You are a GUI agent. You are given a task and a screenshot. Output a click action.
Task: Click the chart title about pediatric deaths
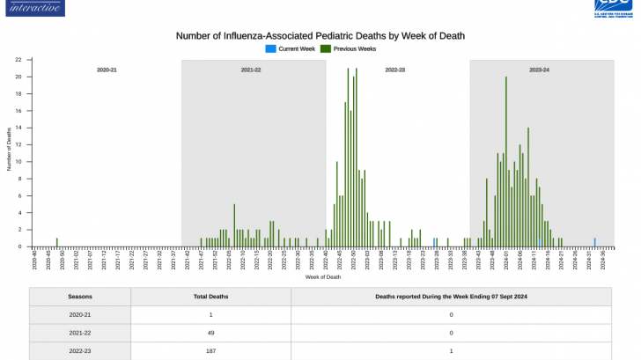[x=320, y=36]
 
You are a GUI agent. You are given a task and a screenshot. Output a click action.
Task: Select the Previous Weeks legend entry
[x=353, y=48]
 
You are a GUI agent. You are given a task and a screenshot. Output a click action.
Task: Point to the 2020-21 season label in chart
[x=107, y=69]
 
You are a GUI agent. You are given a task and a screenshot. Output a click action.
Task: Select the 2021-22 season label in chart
[x=251, y=69]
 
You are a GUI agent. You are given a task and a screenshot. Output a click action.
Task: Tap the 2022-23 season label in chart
[x=395, y=69]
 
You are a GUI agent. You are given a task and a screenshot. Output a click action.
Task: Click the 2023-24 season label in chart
[x=539, y=69]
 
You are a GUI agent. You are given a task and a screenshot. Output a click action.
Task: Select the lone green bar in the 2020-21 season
[x=57, y=242]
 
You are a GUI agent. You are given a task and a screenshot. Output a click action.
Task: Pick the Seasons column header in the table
[x=80, y=297]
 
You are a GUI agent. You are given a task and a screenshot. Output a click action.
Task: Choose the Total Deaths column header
[x=211, y=297]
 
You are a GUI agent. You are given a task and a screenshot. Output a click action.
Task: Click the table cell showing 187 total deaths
[x=211, y=351]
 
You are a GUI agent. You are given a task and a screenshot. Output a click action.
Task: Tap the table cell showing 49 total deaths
[x=211, y=333]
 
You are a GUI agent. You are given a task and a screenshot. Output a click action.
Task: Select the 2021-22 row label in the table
[x=80, y=333]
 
